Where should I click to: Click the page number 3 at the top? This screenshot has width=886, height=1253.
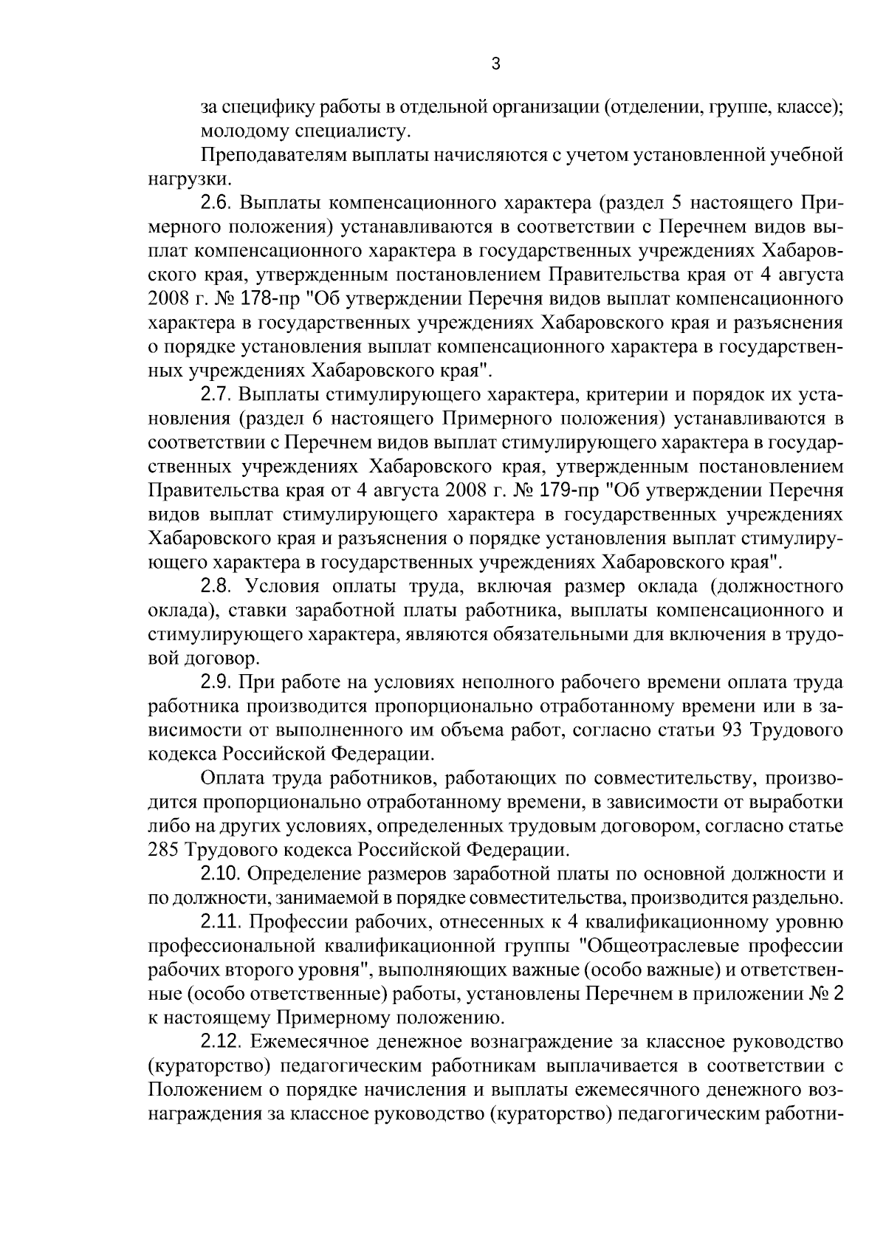click(x=495, y=65)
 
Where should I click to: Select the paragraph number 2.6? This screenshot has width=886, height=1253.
click(x=216, y=202)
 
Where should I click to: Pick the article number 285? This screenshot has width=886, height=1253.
click(x=162, y=850)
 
